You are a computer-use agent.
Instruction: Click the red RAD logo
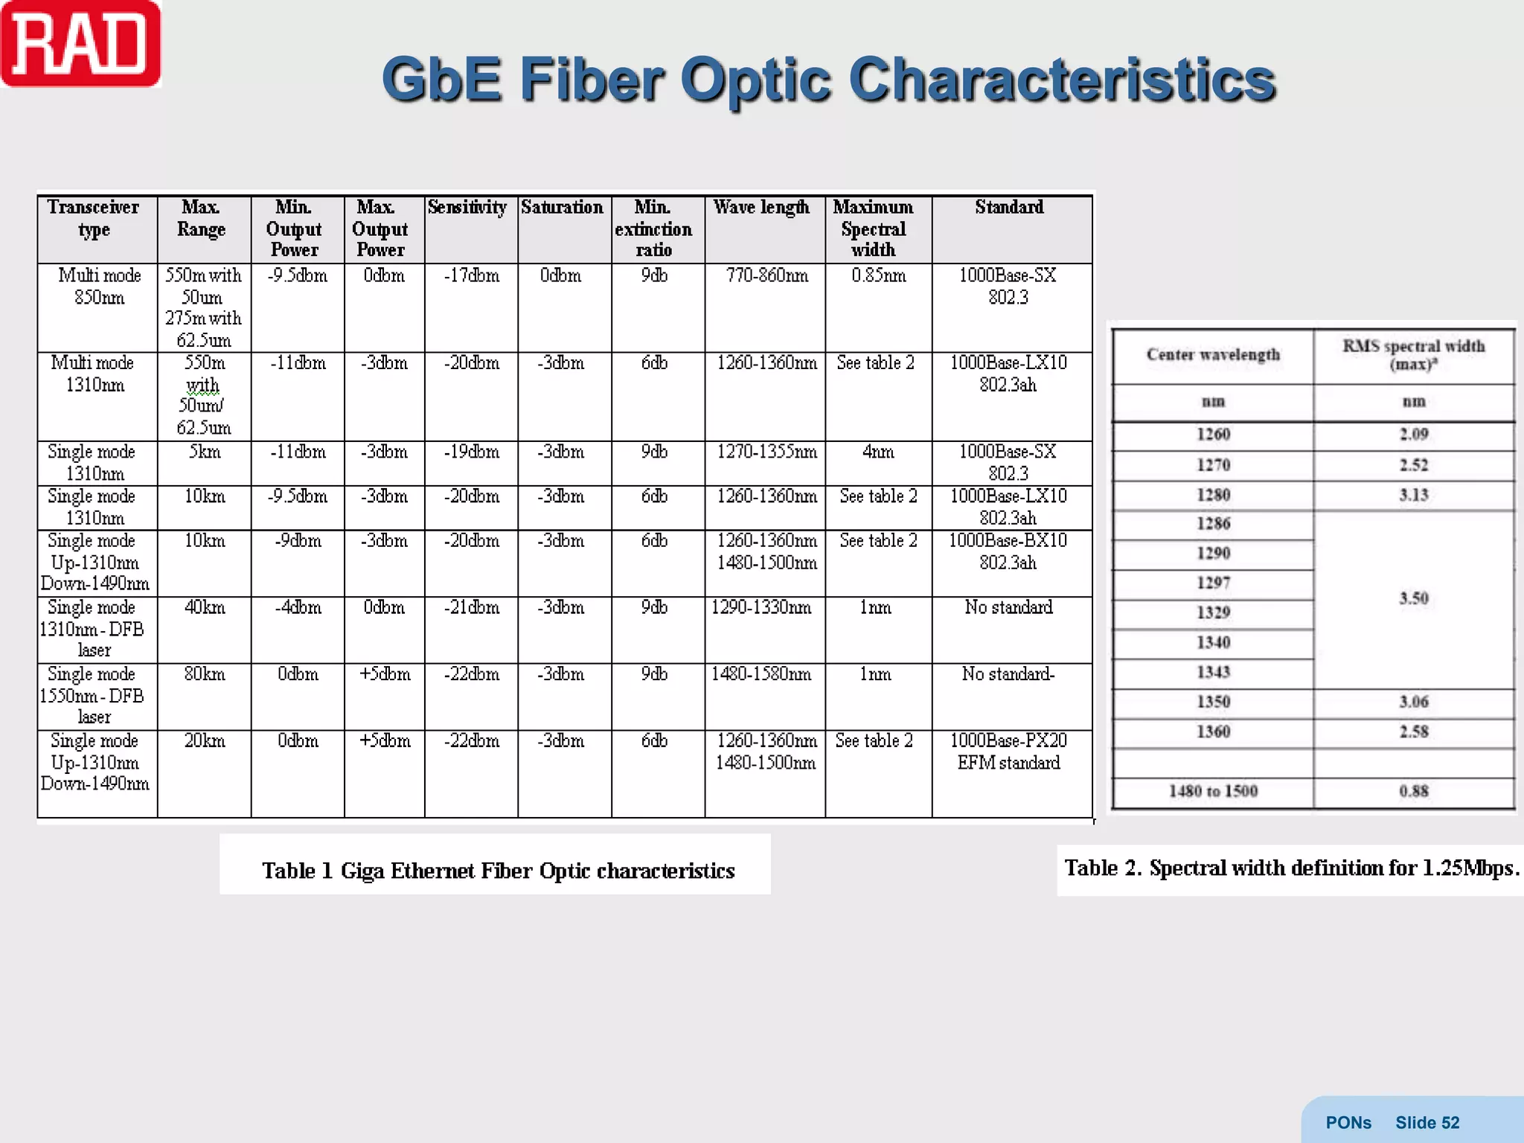[x=80, y=45]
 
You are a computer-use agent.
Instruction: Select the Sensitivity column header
[x=467, y=208]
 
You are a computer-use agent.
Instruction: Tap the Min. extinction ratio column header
[x=653, y=228]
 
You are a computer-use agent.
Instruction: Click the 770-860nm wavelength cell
[x=766, y=276]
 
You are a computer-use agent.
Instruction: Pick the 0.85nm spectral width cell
[x=879, y=276]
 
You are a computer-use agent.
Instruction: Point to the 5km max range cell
[x=204, y=452]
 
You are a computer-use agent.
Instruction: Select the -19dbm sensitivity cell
[x=472, y=452]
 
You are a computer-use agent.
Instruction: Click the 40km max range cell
[x=204, y=608]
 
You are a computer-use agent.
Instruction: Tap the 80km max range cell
[x=204, y=674]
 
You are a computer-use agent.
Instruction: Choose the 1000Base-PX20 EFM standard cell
[x=1009, y=752]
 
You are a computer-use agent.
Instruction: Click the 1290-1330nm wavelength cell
[x=762, y=608]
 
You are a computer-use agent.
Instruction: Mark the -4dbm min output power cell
[x=298, y=608]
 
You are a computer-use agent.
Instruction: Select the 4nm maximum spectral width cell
[x=878, y=452]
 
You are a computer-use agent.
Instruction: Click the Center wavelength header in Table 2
[x=1213, y=355]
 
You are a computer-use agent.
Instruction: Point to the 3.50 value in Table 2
[x=1413, y=598]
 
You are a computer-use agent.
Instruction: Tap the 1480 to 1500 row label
[x=1213, y=791]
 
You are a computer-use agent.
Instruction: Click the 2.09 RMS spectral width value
[x=1413, y=435]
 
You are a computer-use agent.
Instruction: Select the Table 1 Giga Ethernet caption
[x=498, y=871]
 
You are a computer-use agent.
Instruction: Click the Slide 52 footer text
[x=1427, y=1123]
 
